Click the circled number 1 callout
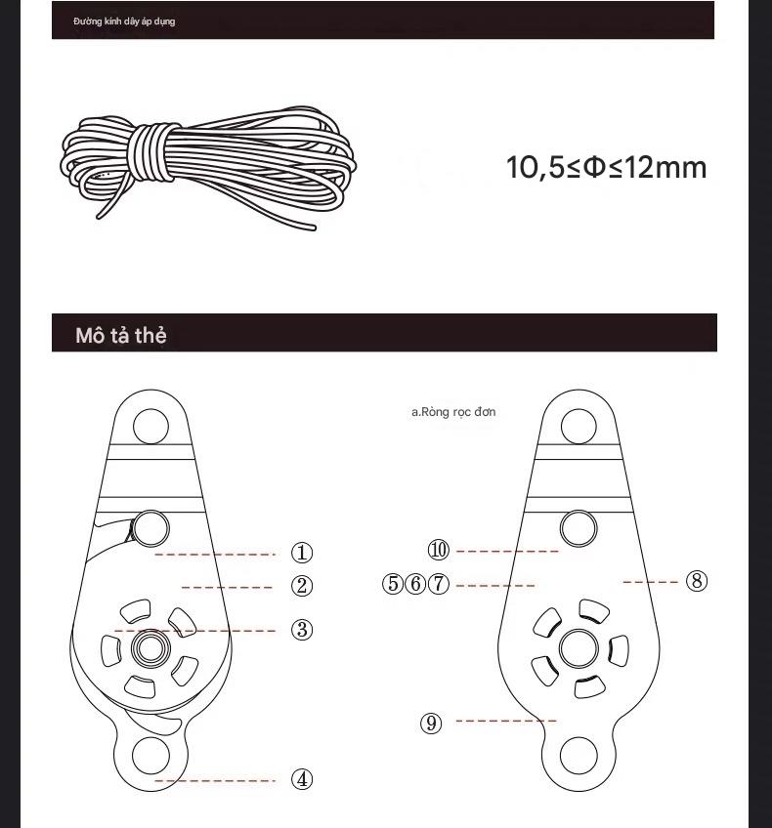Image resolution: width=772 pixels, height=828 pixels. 302,553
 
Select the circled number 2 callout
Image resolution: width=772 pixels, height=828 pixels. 302,586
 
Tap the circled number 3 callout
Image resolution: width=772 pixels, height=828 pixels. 302,630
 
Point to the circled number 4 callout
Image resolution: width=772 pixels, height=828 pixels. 302,779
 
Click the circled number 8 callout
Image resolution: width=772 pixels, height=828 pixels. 696,581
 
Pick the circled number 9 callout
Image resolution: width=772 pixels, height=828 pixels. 431,724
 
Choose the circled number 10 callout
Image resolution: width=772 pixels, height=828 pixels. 439,551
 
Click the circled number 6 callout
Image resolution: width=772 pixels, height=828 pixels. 415,585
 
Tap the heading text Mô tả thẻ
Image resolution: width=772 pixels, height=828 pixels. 121,335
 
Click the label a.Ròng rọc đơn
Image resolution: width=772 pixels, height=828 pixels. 452,412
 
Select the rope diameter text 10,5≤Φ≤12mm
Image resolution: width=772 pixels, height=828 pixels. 606,167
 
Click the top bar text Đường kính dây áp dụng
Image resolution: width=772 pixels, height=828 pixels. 124,21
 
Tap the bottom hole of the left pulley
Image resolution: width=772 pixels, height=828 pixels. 150,758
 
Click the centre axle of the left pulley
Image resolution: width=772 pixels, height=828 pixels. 150,646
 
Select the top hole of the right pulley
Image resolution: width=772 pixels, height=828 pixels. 579,426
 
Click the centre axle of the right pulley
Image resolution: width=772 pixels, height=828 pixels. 579,647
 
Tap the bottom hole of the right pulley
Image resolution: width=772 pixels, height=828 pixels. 579,758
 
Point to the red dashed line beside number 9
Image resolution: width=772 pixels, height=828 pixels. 505,722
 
